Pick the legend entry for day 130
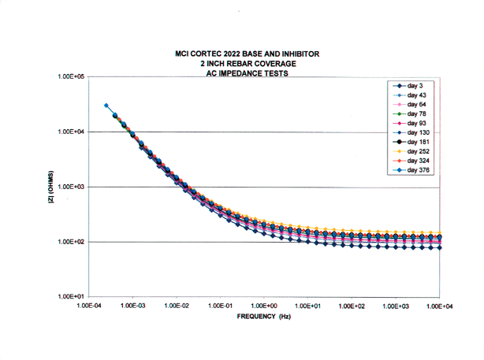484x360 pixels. click(412, 132)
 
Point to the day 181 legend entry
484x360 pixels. click(412, 142)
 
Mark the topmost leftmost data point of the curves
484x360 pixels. click(106, 106)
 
